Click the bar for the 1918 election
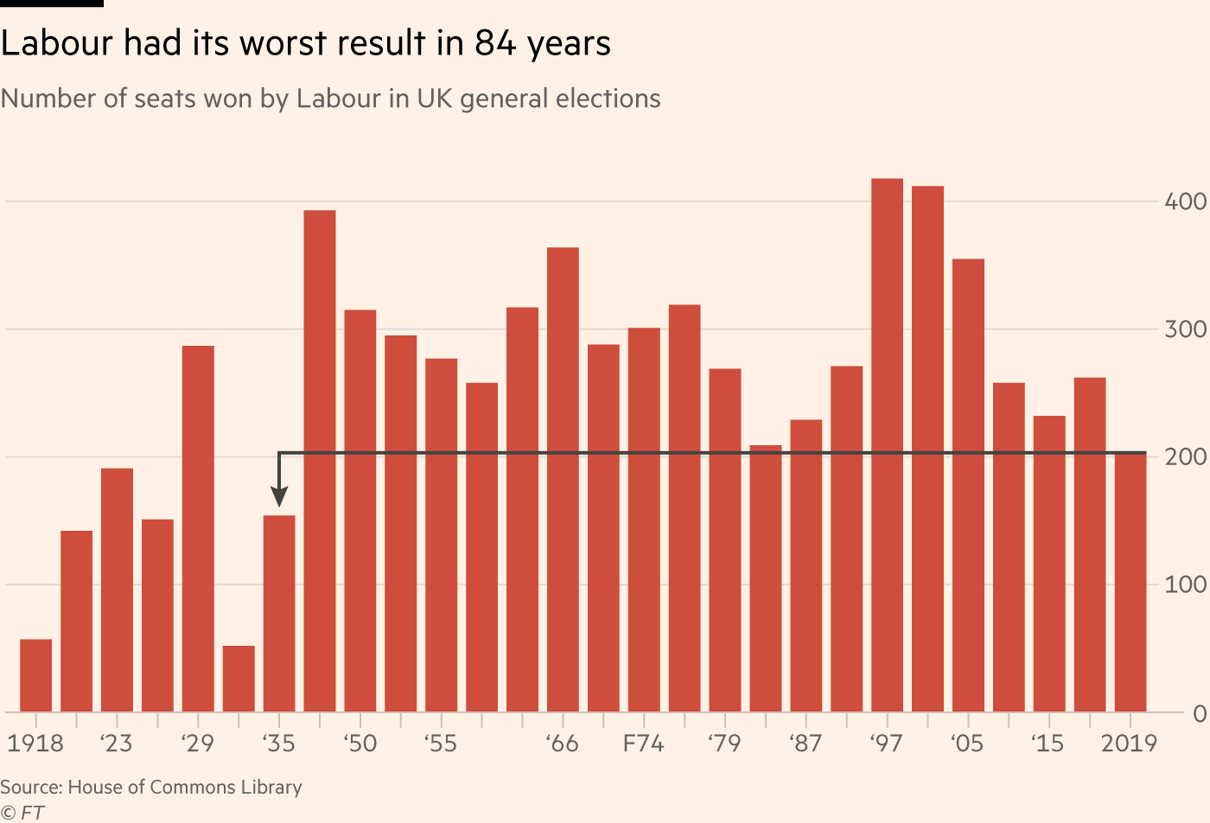pyautogui.click(x=35, y=675)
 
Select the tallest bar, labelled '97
pyautogui.click(x=887, y=445)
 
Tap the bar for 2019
pyautogui.click(x=1130, y=583)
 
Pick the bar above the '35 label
pyautogui.click(x=279, y=614)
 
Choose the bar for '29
pyautogui.click(x=198, y=529)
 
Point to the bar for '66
pyautogui.click(x=563, y=480)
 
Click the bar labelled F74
pyautogui.click(x=644, y=520)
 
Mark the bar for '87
pyautogui.click(x=806, y=566)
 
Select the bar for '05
pyautogui.click(x=968, y=485)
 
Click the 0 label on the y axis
pyautogui.click(x=1199, y=713)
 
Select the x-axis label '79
pyautogui.click(x=724, y=743)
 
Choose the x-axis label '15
pyautogui.click(x=1048, y=743)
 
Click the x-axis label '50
pyautogui.click(x=360, y=743)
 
